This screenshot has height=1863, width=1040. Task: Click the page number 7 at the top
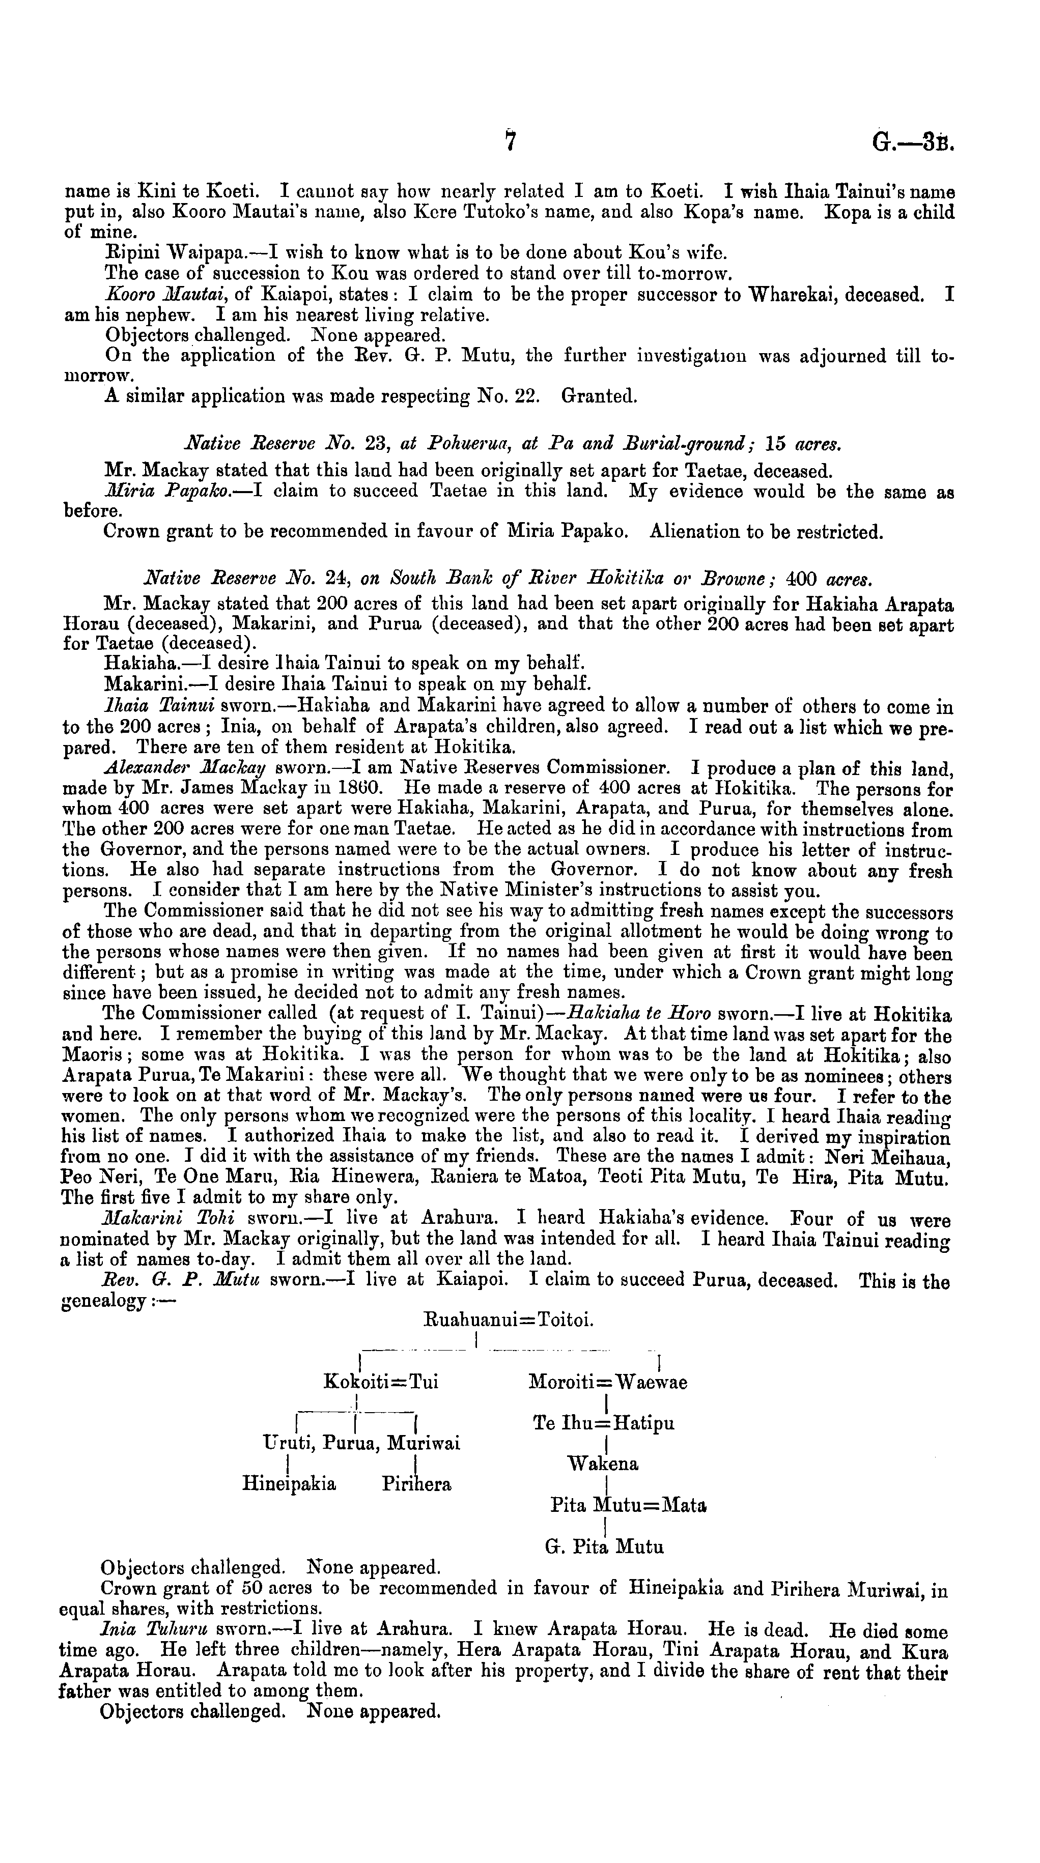pyautogui.click(x=511, y=141)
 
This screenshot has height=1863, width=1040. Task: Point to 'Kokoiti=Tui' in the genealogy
pyautogui.click(x=381, y=1382)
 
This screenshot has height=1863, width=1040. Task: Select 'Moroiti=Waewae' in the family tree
pyautogui.click(x=607, y=1382)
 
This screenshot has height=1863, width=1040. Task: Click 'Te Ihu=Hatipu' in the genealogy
pyautogui.click(x=603, y=1423)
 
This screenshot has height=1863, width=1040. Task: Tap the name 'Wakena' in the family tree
pyautogui.click(x=603, y=1464)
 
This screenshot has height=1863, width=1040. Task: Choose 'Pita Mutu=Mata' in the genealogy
pyautogui.click(x=628, y=1505)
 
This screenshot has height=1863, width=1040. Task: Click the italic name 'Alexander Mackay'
pyautogui.click(x=185, y=766)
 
